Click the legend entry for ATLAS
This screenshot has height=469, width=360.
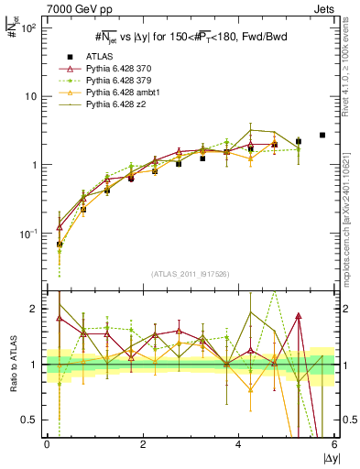click(99, 57)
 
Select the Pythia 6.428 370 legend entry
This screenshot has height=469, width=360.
click(115, 69)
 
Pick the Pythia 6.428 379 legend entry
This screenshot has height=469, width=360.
click(115, 81)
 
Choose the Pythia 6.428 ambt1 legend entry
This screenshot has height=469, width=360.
click(118, 93)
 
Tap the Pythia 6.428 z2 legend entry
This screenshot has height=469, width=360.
click(113, 104)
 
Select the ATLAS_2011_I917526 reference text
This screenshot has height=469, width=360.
click(190, 274)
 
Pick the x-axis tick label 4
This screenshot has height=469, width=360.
click(239, 444)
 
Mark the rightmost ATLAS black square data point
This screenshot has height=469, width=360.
click(322, 135)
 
